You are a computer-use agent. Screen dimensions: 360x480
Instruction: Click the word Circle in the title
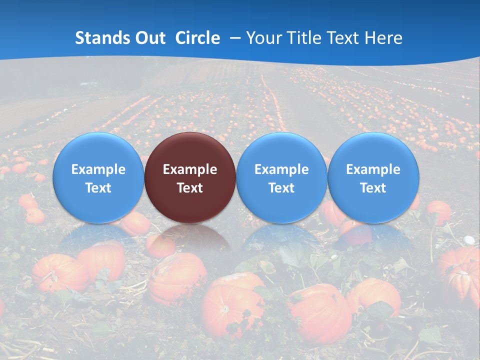pos(197,38)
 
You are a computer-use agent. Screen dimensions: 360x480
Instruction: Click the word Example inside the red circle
pos(190,169)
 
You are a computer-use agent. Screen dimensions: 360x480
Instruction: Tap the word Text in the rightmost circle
pos(373,188)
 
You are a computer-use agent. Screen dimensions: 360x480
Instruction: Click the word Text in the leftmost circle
pos(98,188)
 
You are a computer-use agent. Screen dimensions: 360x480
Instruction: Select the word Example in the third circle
pos(281,169)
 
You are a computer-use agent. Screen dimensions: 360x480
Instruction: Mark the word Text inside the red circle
pos(190,188)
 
